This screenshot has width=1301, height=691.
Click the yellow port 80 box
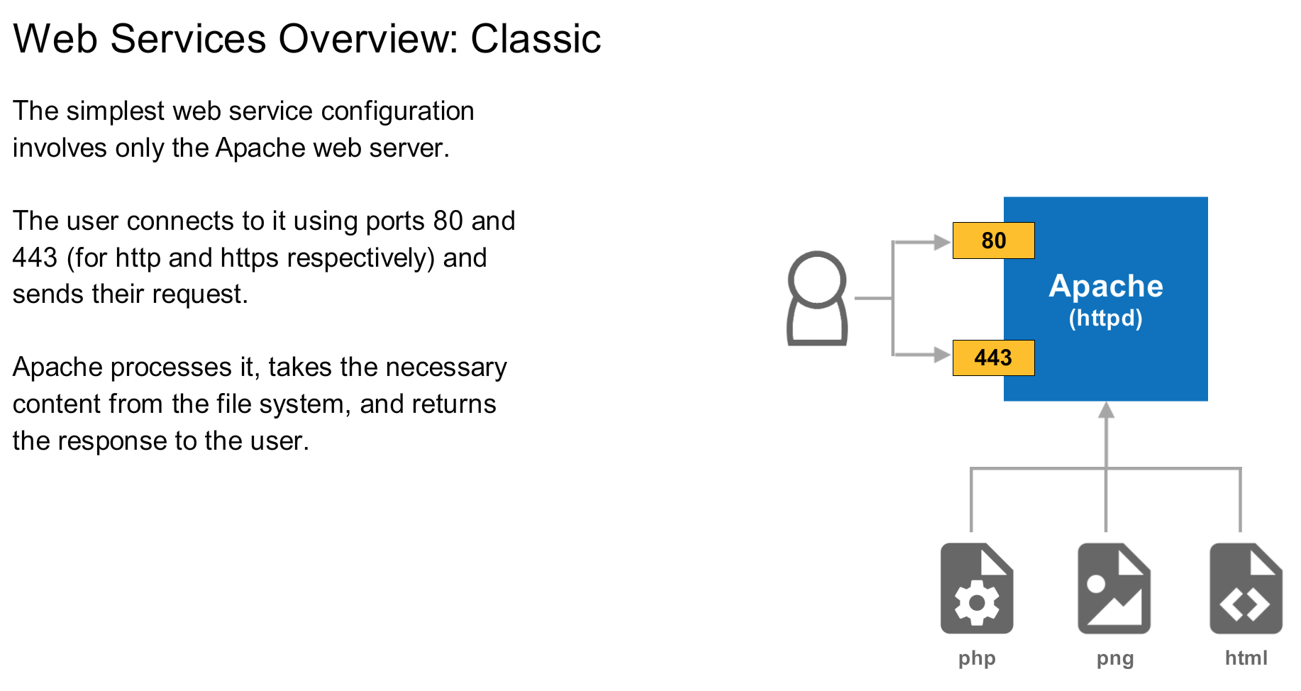pos(993,241)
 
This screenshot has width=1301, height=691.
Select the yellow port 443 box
pos(993,358)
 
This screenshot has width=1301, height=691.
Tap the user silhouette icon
pos(817,299)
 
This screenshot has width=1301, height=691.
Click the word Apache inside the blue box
pos(1106,286)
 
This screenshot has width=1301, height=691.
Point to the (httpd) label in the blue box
pos(1106,318)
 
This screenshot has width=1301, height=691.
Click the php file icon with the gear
pos(977,588)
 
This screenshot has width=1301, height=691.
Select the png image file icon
pos(1114,588)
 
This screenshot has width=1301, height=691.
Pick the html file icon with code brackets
pos(1246,588)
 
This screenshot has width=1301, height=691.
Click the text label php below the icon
pos(977,658)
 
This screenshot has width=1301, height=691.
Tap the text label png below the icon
pos(1115,658)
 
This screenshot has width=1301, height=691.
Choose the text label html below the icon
pos(1246,658)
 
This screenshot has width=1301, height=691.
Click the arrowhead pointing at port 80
pos(943,243)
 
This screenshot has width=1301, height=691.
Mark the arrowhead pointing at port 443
pos(943,354)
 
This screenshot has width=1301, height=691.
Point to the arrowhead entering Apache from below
pos(1106,410)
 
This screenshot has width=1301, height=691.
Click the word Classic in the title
pos(536,38)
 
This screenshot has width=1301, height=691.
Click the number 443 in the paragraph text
pos(35,258)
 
